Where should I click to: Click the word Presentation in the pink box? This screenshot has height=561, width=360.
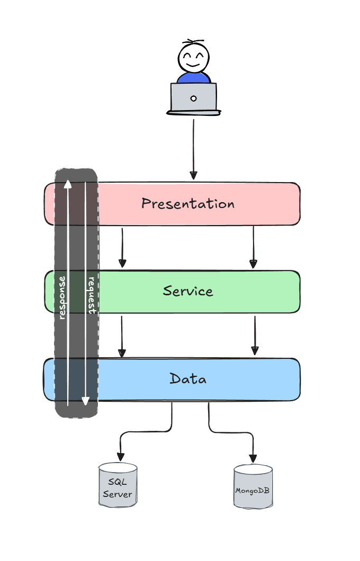pos(187,204)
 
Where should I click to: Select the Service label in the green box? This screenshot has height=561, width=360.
pos(188,291)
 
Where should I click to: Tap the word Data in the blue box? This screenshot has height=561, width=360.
pos(188,379)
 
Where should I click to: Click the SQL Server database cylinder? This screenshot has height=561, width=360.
pos(118,485)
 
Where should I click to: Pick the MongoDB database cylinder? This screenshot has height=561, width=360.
pos(253,487)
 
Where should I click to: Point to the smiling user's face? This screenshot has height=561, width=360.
pos(193,57)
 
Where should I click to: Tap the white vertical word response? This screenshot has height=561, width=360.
pos(62,297)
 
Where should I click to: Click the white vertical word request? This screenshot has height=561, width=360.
pos(91,295)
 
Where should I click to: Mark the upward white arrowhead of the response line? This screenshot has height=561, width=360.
pos(67,184)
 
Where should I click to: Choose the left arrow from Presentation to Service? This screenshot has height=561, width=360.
pos(122,248)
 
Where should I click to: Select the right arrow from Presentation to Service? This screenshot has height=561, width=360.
pos(253,248)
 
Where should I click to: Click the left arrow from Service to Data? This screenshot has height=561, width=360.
pos(122,336)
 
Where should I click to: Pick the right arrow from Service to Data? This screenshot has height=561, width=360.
pos(255,336)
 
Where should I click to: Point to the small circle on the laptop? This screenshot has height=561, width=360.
pos(193,98)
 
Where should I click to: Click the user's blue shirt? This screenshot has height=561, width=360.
pos(193,78)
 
